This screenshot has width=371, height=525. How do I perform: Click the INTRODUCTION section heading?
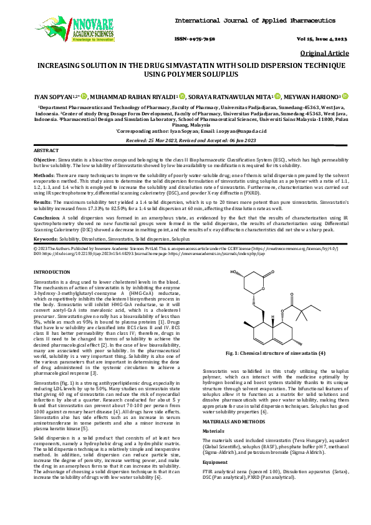(52, 273)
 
